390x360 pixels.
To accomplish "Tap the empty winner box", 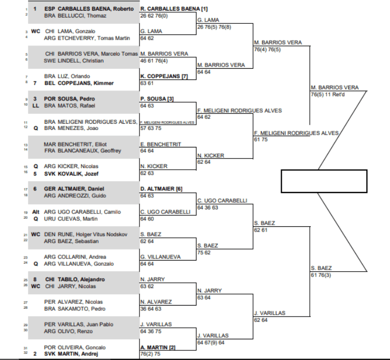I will click(x=323, y=181).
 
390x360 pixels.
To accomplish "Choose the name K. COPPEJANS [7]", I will click(x=164, y=76).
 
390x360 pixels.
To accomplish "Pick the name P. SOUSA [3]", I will click(x=157, y=99).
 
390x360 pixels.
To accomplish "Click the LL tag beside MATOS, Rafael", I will click(x=35, y=106).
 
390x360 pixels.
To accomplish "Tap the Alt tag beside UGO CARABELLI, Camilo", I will click(x=36, y=212).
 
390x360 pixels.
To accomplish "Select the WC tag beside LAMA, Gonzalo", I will click(x=35, y=31).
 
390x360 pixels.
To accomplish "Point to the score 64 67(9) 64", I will click(x=213, y=343).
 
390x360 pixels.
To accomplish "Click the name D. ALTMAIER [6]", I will click(x=161, y=189).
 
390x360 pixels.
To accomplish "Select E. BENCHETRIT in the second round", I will click(x=161, y=144).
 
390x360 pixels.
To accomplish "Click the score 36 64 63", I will click(x=152, y=309).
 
